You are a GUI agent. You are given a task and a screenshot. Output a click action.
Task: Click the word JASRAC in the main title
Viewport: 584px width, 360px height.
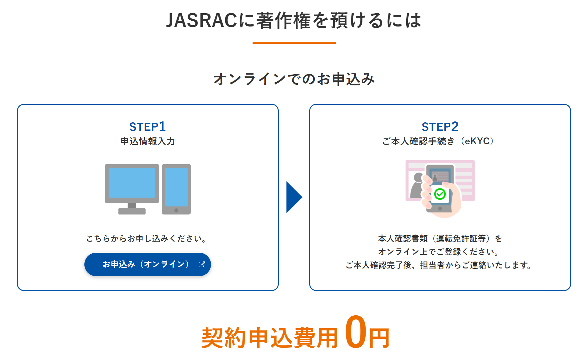202,21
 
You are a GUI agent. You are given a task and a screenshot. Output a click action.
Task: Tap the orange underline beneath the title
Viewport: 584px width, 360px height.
294,43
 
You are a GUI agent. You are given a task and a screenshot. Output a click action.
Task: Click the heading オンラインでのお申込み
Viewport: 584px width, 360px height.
294,79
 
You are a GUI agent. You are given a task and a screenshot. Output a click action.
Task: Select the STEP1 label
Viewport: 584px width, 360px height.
148,127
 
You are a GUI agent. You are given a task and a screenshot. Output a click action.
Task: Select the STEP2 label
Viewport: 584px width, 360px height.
440,127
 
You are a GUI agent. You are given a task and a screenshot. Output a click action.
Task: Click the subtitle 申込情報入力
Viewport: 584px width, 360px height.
148,141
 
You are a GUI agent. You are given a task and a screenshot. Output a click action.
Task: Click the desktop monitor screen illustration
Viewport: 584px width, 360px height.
132,183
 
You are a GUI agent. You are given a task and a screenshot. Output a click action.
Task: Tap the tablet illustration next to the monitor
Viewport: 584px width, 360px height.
176,189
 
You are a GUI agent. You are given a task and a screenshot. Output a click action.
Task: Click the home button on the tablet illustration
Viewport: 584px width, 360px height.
176,211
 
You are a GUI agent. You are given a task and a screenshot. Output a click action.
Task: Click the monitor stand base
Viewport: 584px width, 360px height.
132,211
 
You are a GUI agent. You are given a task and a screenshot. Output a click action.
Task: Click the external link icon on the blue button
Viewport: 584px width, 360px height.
202,264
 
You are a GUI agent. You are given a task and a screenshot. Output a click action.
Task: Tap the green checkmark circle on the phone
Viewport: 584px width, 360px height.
440,194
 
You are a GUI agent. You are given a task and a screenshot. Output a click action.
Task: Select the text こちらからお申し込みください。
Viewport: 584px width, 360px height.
146,239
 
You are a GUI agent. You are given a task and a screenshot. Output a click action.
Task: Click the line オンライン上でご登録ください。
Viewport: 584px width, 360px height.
439,252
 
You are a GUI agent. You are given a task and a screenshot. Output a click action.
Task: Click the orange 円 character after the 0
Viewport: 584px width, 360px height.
379,338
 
